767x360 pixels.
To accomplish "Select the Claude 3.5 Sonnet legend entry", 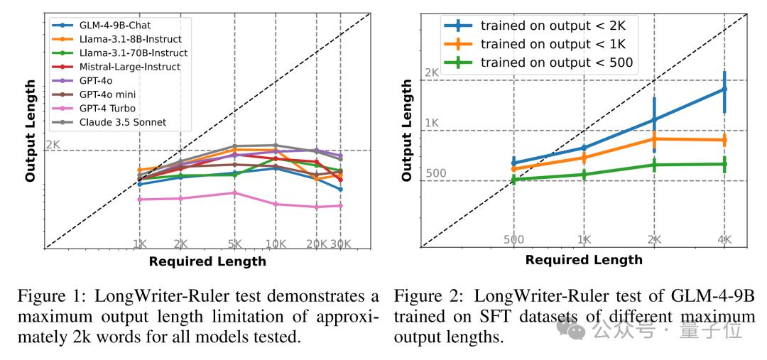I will pos(122,122).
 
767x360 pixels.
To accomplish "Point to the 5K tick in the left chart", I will pos(235,244).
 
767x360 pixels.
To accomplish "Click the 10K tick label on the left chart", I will pos(275,244).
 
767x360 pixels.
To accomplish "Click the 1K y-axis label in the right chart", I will pos(431,124).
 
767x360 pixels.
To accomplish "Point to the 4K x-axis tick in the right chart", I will pos(724,240).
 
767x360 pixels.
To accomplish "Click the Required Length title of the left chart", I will pos(207,261).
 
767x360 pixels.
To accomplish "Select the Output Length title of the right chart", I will pos(407,130).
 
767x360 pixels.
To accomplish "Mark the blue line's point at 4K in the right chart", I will pos(724,89).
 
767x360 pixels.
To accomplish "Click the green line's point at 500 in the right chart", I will pos(513,180).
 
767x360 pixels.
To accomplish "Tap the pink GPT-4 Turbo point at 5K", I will pos(235,192).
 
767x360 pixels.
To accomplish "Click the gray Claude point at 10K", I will pos(275,145).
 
